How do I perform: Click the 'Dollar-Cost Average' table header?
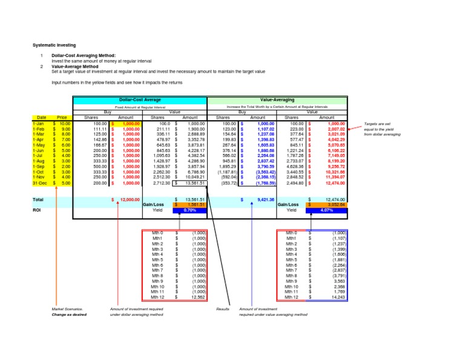point(140,99)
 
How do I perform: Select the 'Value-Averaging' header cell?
point(277,99)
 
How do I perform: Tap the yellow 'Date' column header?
point(42,117)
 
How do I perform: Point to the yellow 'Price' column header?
point(62,117)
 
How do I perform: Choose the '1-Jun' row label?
point(39,152)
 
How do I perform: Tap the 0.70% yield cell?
point(190,210)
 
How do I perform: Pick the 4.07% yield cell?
point(327,210)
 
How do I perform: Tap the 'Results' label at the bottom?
point(223,309)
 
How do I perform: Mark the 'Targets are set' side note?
point(378,122)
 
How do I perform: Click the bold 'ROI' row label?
point(36,210)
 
